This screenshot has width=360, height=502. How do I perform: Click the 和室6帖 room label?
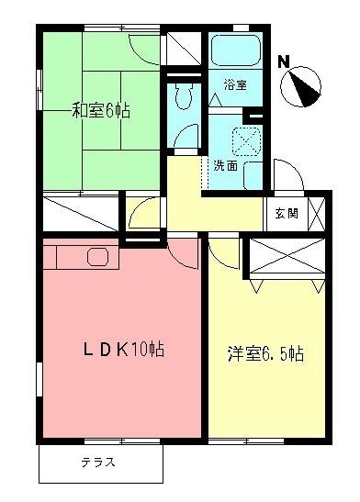coord(101,112)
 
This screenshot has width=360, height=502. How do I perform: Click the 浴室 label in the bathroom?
coord(235,84)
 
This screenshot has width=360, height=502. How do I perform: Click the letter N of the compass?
coord(283,62)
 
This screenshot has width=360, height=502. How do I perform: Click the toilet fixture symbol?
coord(181,95)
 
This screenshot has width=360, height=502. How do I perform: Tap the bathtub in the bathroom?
coord(235,50)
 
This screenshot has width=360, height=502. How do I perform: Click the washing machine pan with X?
coord(247,139)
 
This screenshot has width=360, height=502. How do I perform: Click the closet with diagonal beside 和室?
coord(80,213)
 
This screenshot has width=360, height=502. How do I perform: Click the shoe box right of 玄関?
coord(318,213)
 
